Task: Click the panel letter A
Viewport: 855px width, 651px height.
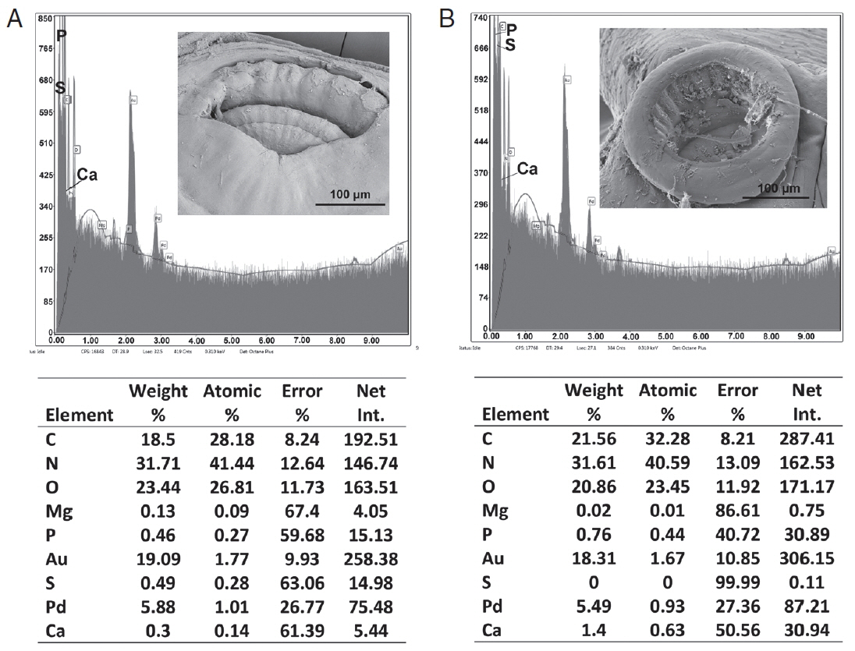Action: pos(14,19)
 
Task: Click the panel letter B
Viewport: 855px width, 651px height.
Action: pos(446,18)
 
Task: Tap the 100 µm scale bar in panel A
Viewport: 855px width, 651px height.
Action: pos(350,203)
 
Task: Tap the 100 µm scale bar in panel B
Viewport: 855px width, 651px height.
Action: pos(779,196)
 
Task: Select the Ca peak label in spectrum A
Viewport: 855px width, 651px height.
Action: pos(87,175)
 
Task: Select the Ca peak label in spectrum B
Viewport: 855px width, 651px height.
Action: pos(528,168)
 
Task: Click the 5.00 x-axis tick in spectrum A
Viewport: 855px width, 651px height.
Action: pos(232,341)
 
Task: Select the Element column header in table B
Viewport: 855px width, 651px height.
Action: pos(516,414)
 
